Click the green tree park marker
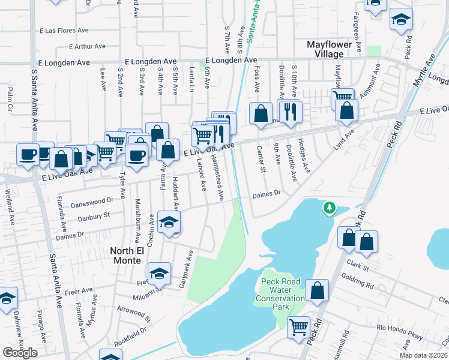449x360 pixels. tap(328, 208)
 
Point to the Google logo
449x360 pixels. tap(20, 353)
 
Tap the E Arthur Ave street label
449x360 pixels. tap(87, 46)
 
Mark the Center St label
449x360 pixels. tap(261, 159)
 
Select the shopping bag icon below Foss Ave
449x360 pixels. tap(261, 114)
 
